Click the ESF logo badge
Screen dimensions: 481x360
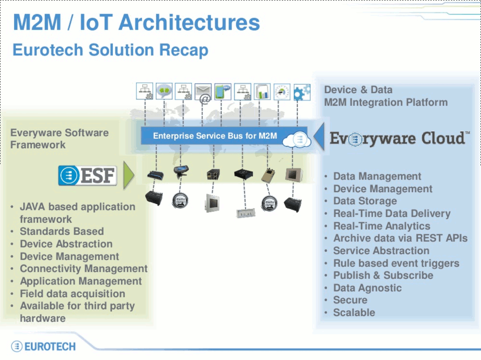tap(88, 175)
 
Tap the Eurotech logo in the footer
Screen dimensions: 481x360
tap(43, 346)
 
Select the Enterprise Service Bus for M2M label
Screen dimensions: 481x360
tap(215, 135)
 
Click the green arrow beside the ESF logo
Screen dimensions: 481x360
tap(129, 175)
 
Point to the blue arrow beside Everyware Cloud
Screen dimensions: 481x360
tap(319, 136)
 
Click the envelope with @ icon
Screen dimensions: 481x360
tap(203, 93)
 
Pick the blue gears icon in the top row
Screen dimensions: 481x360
tap(302, 92)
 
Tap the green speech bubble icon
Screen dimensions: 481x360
tap(164, 91)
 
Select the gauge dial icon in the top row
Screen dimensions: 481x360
tap(282, 91)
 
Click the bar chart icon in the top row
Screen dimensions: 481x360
tap(262, 91)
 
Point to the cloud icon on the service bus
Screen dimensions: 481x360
tap(297, 140)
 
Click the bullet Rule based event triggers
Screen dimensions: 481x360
tap(396, 263)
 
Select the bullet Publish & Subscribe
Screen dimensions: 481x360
tap(383, 275)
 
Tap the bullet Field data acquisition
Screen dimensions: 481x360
tap(72, 293)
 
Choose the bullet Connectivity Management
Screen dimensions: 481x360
tap(84, 269)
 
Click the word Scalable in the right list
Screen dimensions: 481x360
tap(354, 313)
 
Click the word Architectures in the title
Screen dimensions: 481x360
tap(189, 22)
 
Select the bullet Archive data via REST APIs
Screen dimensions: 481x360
tap(400, 238)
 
